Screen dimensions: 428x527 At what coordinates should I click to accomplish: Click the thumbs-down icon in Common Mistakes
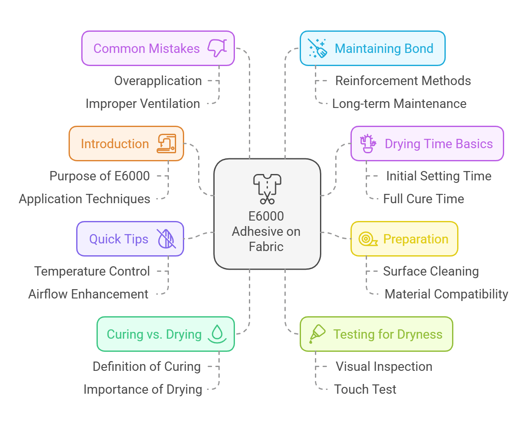[x=217, y=48]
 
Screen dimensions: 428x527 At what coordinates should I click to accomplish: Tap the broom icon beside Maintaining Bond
[x=317, y=48]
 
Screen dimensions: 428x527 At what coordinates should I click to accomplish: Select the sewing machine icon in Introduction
[x=166, y=144]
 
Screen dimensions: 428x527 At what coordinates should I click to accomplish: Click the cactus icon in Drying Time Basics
[x=368, y=144]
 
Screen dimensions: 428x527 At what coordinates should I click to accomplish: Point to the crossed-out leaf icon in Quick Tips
[x=166, y=239]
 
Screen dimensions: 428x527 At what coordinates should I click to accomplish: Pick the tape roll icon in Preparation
[x=367, y=239]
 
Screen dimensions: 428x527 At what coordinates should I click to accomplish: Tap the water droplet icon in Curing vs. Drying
[x=217, y=334]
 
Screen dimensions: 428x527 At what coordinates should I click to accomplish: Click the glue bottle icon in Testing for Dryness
[x=317, y=334]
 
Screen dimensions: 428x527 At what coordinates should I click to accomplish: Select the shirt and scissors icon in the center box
[x=267, y=189]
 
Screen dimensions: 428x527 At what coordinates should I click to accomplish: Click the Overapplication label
[x=158, y=81]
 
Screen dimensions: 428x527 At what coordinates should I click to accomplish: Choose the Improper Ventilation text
[x=143, y=104]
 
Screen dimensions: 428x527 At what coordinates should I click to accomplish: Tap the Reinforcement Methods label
[x=403, y=81]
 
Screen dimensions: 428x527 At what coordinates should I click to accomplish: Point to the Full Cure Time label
[x=423, y=199]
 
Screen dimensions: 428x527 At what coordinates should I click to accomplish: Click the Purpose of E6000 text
[x=99, y=176]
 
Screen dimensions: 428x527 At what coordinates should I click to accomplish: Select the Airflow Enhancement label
[x=88, y=294]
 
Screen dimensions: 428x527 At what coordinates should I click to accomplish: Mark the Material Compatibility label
[x=446, y=294]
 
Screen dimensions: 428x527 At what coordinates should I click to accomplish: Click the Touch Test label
[x=365, y=389]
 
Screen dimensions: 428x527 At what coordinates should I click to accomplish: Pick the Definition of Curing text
[x=146, y=367]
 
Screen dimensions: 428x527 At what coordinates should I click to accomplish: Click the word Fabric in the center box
[x=266, y=247]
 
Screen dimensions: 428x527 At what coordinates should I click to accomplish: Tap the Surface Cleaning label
[x=431, y=271]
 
